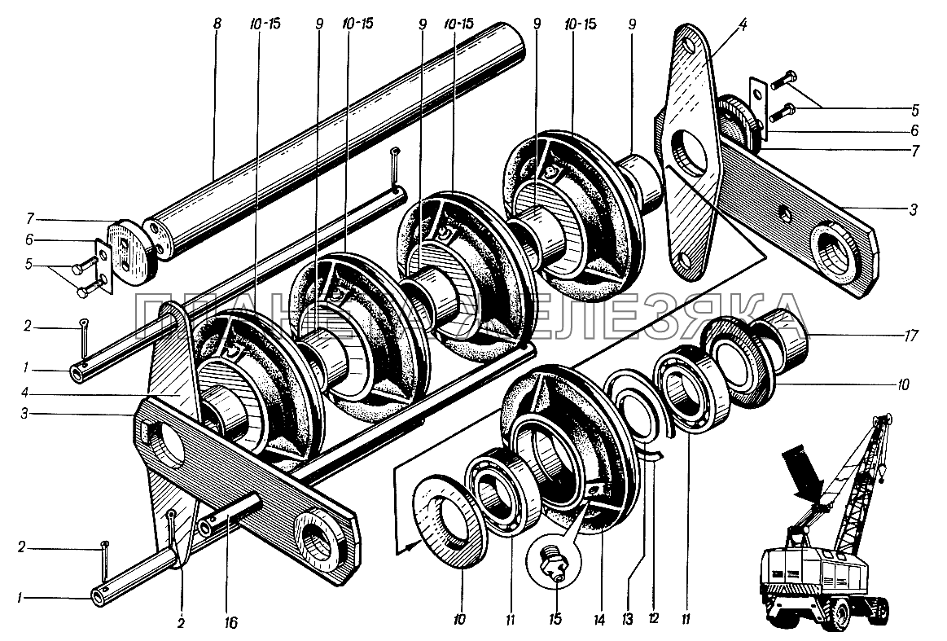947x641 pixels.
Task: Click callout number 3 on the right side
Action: [x=914, y=209]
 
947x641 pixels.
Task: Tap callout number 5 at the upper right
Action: [x=914, y=108]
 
